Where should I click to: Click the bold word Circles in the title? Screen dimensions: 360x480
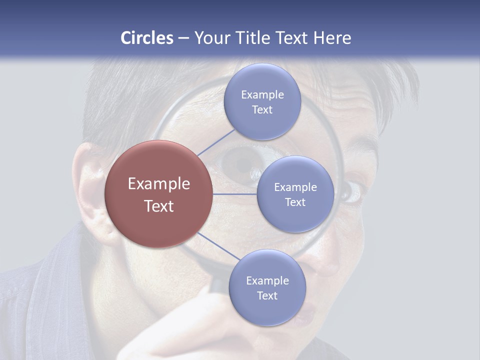(146, 38)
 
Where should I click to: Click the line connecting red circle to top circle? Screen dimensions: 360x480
(216, 142)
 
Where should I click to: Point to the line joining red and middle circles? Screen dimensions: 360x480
(235, 194)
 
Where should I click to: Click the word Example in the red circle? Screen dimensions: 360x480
(159, 184)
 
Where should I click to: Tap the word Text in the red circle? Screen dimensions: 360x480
(159, 206)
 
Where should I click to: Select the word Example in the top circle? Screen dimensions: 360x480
(262, 95)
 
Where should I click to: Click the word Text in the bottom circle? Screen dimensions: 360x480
(267, 296)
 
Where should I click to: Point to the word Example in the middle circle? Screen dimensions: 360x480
(295, 187)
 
